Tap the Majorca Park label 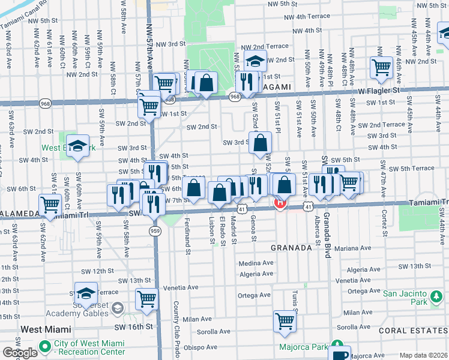click(303, 347)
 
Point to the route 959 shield click(154, 230)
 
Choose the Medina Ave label click(256, 263)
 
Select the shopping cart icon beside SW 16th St click(147, 299)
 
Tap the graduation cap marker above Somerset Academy click(86, 293)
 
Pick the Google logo click(20, 352)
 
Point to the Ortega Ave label click(256, 295)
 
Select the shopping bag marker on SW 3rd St click(261, 143)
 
